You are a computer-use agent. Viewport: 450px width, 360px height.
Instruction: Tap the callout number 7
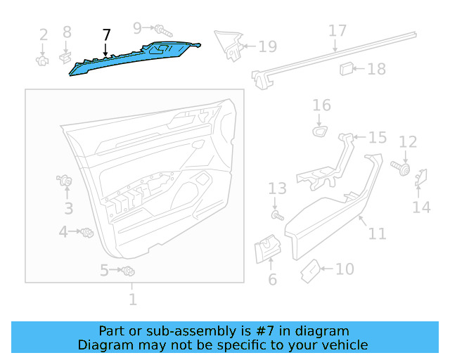[x=106, y=34]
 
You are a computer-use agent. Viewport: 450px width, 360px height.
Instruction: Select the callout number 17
[x=337, y=31]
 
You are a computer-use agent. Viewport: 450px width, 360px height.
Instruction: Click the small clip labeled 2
[x=44, y=60]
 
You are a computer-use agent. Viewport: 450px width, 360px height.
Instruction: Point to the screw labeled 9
[x=162, y=30]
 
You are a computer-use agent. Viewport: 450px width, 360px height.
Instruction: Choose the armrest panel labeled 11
[x=330, y=211]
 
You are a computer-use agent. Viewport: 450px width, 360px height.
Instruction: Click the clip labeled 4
[x=87, y=232]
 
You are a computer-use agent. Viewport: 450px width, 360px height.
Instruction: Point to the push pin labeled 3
[x=67, y=183]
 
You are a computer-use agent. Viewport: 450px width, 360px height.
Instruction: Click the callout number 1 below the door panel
[x=132, y=300]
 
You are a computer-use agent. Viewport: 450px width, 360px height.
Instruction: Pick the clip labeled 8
[x=67, y=56]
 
